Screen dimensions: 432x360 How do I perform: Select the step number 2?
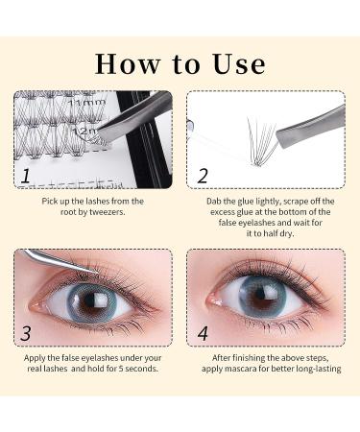(203, 176)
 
